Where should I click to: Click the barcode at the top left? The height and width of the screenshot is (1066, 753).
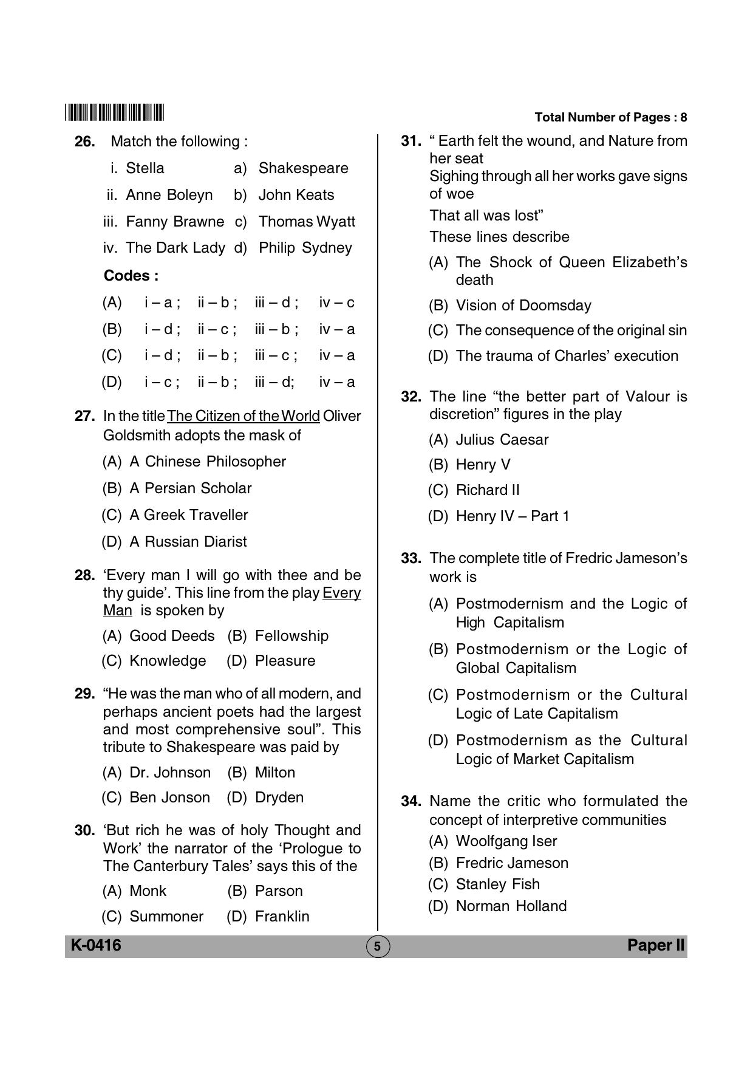coord(114,113)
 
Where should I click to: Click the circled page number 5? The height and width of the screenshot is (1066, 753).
coord(377,946)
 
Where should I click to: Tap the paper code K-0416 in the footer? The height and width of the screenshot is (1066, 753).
coord(96,945)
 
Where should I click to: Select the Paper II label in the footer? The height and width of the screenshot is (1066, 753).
coord(656,945)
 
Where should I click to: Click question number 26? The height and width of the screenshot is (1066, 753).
coord(85,142)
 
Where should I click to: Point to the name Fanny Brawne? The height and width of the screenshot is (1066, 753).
coord(174,222)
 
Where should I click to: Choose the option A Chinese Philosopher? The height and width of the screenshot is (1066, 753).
coord(207,462)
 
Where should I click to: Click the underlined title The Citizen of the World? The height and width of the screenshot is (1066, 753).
coord(243,416)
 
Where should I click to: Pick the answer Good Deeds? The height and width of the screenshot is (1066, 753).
coord(172,636)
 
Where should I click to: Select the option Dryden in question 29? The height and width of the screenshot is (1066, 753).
coord(279,798)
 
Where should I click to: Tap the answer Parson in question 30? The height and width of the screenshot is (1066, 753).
coord(278,891)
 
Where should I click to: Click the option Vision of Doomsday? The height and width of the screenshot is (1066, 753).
coord(523,306)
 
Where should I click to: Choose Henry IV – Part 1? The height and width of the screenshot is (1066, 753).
coord(512,516)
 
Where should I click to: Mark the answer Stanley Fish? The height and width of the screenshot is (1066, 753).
coord(497,884)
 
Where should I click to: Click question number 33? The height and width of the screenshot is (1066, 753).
coord(411,558)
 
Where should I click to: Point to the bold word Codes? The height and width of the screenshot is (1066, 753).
coord(131,276)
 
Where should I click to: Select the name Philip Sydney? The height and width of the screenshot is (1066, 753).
coord(305,248)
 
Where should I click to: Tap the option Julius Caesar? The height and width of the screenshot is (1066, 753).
coord(502,440)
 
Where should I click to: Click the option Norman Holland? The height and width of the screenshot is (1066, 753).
coord(511,906)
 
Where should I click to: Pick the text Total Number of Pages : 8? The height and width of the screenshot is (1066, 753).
coord(610,117)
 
